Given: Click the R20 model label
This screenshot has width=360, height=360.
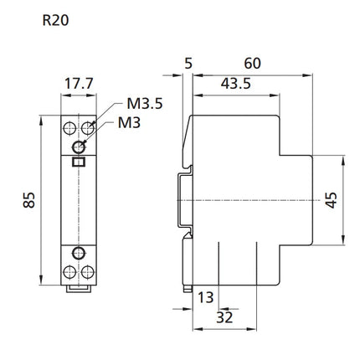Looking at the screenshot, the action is coord(55,20).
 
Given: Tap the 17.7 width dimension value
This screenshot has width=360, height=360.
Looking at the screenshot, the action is coord(79,83).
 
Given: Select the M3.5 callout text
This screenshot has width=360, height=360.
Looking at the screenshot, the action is coord(145,104).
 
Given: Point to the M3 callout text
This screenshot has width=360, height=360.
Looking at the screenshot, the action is coord(129,122).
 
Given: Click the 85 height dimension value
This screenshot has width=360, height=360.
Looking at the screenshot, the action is coord(29,200).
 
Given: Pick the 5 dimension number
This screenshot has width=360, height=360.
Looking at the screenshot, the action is coord(188,64).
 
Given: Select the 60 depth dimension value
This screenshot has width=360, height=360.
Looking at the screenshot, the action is coord(252,64).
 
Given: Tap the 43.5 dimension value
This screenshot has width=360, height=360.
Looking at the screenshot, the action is coord(236,84).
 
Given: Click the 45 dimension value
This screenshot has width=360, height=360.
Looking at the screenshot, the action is coord(331,200).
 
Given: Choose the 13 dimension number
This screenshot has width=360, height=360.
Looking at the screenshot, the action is coord(206,297).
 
